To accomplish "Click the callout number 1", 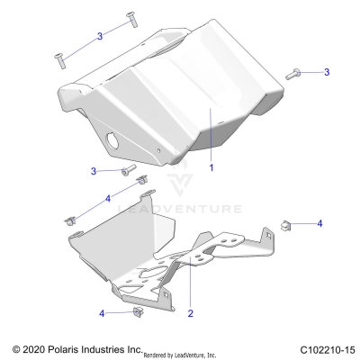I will coord(211,167).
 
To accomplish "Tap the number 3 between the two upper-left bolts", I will coord(100,35).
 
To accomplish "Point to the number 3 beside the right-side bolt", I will coord(327,71).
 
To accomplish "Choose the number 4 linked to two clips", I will coord(108,197).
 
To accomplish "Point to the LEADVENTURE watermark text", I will coord(184,209).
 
